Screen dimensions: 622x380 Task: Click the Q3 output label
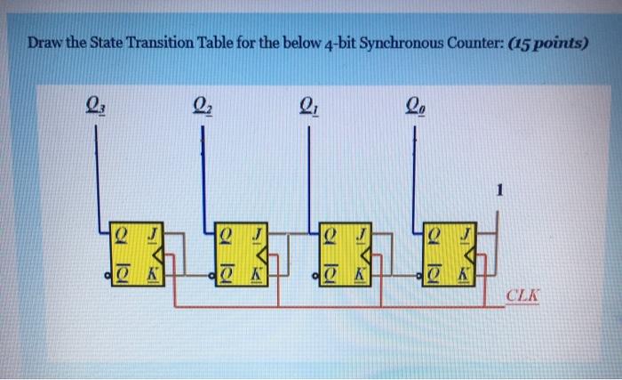pos(95,105)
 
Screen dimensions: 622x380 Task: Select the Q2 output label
pos(203,105)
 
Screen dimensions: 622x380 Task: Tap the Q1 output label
pos(308,105)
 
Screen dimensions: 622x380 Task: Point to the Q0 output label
pos(416,105)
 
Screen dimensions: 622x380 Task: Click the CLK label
pos(520,295)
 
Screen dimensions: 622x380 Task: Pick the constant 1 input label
pos(500,189)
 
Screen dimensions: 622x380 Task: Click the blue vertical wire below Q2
pos(203,178)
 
